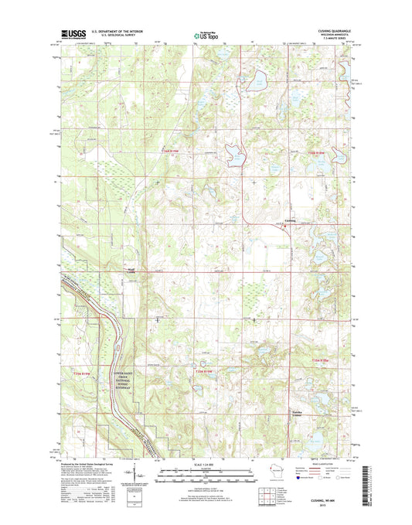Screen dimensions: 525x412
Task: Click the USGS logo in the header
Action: click(71, 34)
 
